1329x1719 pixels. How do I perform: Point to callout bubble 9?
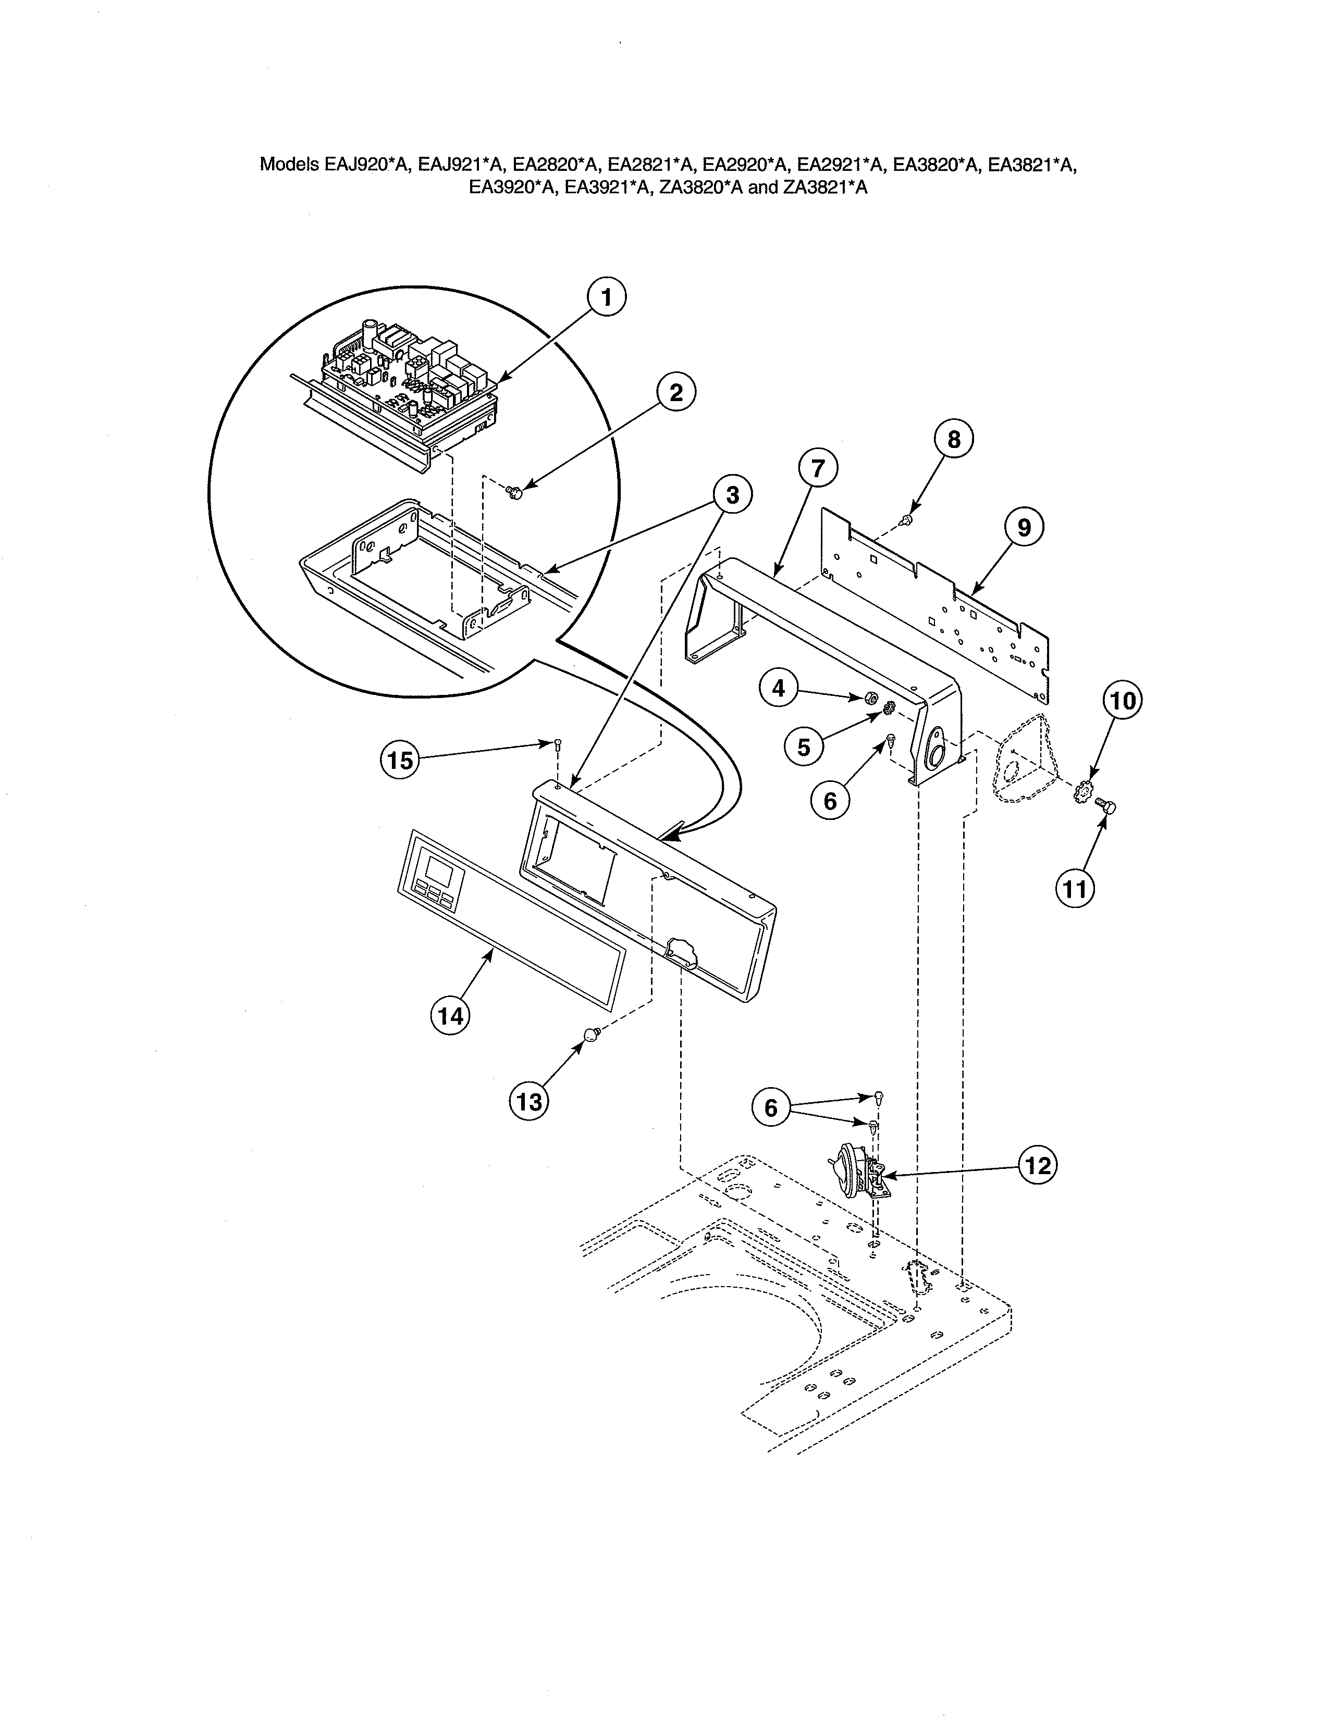pyautogui.click(x=1024, y=527)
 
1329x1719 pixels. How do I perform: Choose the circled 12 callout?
pyautogui.click(x=1038, y=1166)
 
